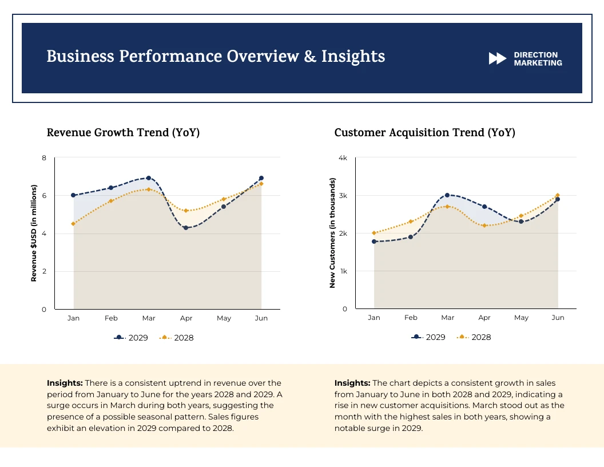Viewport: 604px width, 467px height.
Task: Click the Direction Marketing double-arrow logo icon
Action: pyautogui.click(x=498, y=58)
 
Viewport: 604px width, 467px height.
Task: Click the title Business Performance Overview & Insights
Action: pyautogui.click(x=216, y=57)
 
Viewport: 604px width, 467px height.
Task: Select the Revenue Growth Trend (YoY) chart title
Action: pyautogui.click(x=123, y=133)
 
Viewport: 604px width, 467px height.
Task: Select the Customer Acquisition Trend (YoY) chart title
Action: pyautogui.click(x=424, y=133)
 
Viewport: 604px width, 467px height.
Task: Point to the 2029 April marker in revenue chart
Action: pyautogui.click(x=186, y=228)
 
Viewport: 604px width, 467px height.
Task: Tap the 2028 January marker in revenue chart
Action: pyautogui.click(x=73, y=224)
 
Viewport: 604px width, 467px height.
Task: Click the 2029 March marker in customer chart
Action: pyautogui.click(x=447, y=195)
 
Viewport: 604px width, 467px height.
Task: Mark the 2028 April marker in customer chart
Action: pyautogui.click(x=484, y=225)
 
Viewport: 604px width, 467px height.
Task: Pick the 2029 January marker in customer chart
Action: pyautogui.click(x=374, y=242)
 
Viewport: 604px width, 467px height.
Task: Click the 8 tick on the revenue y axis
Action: pyautogui.click(x=44, y=158)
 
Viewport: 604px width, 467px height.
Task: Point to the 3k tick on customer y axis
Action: pyautogui.click(x=343, y=196)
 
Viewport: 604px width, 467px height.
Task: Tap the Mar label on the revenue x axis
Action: pyautogui.click(x=149, y=318)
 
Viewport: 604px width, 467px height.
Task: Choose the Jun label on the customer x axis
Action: pyautogui.click(x=558, y=318)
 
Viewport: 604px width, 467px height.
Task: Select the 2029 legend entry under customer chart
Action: pyautogui.click(x=429, y=337)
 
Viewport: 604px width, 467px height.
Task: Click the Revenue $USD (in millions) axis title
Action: pyautogui.click(x=34, y=233)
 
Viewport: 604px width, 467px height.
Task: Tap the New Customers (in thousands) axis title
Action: pyautogui.click(x=332, y=232)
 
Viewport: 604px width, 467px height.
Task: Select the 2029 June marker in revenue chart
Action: pyautogui.click(x=261, y=178)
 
